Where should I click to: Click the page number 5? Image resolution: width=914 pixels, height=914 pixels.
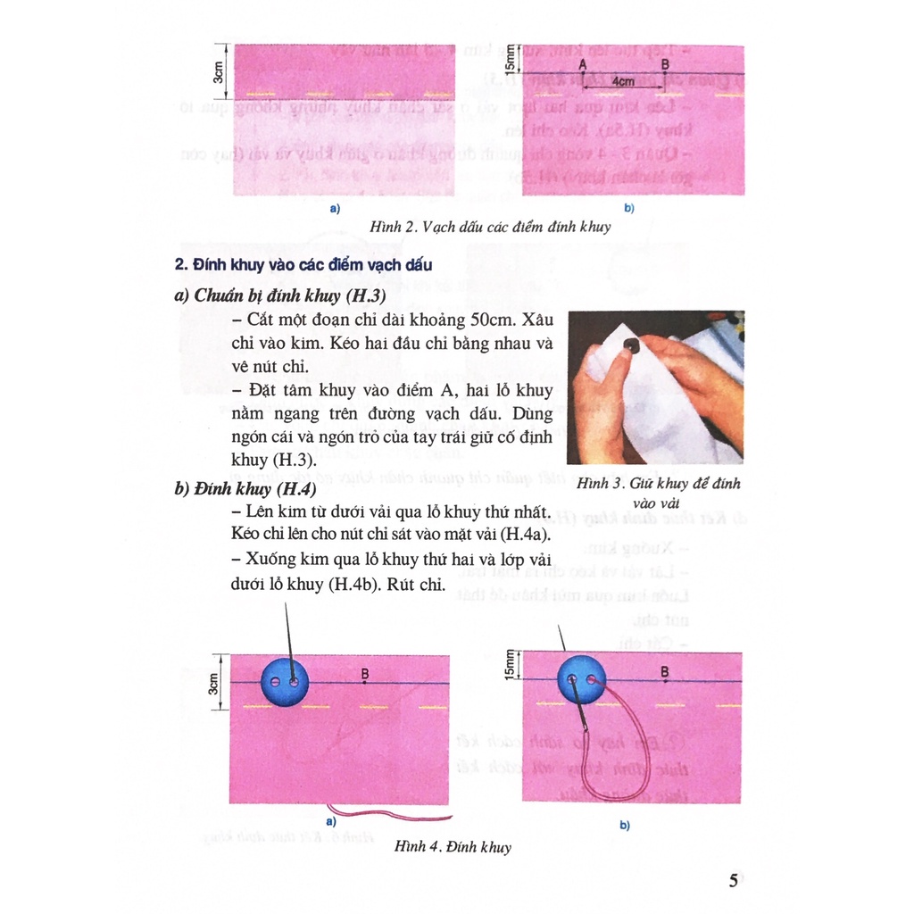(733, 881)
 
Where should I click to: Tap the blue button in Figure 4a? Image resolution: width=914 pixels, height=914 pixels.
(284, 683)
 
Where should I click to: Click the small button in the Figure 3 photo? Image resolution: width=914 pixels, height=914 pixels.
(631, 345)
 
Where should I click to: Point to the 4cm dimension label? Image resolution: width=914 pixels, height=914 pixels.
(623, 80)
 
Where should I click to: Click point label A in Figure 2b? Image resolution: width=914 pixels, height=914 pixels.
(582, 65)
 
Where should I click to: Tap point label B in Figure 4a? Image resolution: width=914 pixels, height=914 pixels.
(366, 674)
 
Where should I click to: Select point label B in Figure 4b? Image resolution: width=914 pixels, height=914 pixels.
(665, 671)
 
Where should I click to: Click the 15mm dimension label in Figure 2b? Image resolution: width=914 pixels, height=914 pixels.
(511, 58)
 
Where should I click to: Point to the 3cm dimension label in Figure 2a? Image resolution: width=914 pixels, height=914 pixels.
(218, 72)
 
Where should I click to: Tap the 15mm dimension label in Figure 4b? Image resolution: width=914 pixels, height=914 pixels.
(510, 665)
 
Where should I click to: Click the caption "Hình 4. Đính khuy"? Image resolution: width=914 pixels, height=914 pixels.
(453, 846)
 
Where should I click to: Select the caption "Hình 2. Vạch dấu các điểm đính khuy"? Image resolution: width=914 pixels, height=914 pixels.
(490, 227)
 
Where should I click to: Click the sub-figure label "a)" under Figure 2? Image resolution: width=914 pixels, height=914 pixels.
(336, 209)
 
